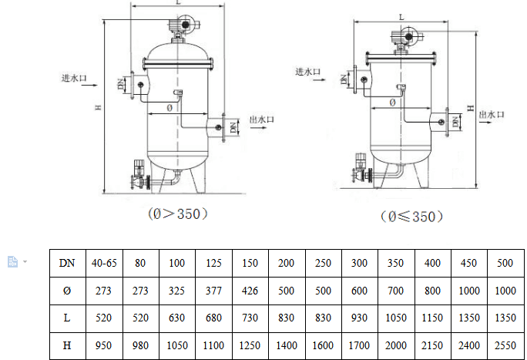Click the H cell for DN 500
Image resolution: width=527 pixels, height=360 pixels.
click(x=505, y=345)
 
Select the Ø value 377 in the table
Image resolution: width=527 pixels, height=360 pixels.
click(x=213, y=291)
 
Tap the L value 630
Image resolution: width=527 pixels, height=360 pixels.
click(x=176, y=318)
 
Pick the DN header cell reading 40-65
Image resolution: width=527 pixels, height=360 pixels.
click(x=104, y=263)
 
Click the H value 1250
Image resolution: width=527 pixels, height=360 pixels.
click(x=250, y=345)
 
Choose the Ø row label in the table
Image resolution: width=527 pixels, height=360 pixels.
click(x=67, y=291)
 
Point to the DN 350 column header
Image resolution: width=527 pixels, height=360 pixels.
click(x=395, y=263)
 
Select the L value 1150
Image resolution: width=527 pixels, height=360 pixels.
click(x=432, y=318)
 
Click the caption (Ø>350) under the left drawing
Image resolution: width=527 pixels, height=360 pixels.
click(x=178, y=214)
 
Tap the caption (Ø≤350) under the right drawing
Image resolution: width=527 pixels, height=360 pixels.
click(x=411, y=217)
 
